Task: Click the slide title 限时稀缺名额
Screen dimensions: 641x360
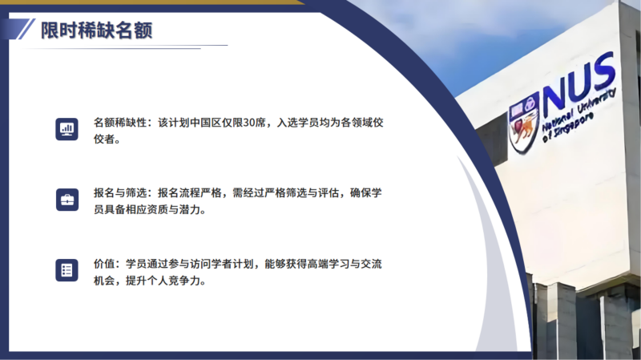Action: (x=96, y=30)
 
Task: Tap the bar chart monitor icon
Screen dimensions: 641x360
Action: (x=67, y=129)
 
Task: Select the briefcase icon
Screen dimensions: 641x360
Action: (x=67, y=200)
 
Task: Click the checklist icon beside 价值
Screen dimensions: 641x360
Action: (x=67, y=270)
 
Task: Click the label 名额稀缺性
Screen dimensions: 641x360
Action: (x=120, y=123)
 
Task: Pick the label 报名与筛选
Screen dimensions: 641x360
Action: (x=120, y=192)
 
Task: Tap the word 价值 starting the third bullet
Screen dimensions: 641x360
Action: (x=104, y=264)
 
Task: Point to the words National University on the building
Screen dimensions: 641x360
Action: (x=579, y=111)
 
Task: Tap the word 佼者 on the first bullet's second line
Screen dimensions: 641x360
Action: (x=104, y=139)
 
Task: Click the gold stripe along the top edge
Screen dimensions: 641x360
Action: (x=151, y=2)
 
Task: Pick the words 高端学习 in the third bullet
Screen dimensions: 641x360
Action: (x=329, y=264)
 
